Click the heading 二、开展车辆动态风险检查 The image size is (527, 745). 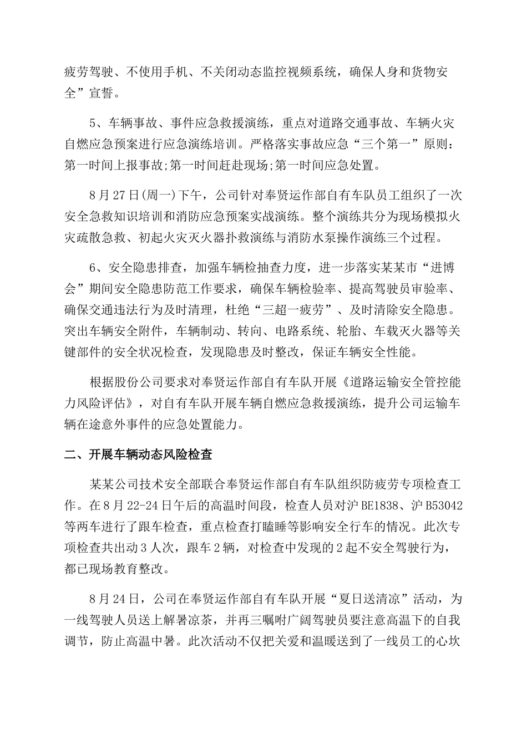coord(138,456)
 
